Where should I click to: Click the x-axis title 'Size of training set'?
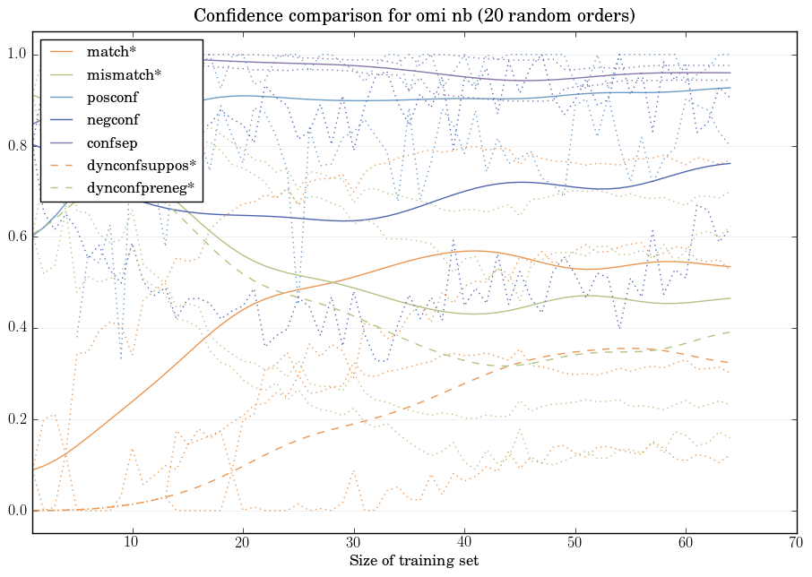click(413, 562)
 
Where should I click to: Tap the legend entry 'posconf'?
click(112, 98)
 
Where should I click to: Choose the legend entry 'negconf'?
click(113, 120)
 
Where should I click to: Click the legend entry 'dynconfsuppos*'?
click(136, 166)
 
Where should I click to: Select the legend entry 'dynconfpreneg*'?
click(139, 188)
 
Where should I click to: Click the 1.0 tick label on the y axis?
click(17, 56)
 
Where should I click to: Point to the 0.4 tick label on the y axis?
click(17, 329)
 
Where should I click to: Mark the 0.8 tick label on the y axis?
click(17, 147)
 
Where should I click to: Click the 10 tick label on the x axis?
click(132, 543)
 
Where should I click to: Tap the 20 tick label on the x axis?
click(243, 543)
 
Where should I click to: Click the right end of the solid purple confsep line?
click(730, 73)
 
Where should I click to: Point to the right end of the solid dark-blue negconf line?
click(730, 163)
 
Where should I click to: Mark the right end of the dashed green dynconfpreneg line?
click(730, 332)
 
